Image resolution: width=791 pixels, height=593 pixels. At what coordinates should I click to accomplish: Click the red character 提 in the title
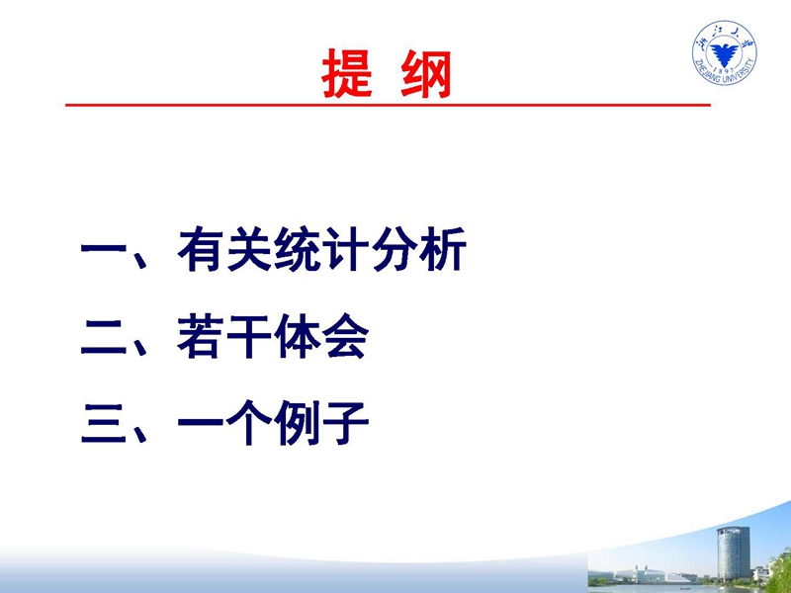[347, 73]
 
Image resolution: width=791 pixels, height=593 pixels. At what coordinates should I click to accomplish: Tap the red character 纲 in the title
[426, 73]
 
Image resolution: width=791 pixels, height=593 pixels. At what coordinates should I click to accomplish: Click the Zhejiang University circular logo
[725, 53]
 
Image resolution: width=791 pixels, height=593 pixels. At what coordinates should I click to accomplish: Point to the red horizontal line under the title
[388, 105]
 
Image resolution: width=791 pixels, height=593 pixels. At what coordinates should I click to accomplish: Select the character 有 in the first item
[201, 250]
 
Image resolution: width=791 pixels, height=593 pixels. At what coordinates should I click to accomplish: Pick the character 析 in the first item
[444, 250]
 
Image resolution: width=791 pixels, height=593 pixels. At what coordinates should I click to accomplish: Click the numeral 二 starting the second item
[104, 337]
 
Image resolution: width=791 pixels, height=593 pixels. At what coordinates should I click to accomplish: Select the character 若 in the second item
[201, 336]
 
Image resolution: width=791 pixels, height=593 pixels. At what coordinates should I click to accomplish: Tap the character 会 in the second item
[347, 336]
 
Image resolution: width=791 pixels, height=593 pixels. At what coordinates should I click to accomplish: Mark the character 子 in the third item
[347, 423]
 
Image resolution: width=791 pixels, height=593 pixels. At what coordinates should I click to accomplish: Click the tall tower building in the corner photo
[733, 552]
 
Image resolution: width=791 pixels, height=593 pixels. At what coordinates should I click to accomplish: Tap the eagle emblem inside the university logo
[725, 53]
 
